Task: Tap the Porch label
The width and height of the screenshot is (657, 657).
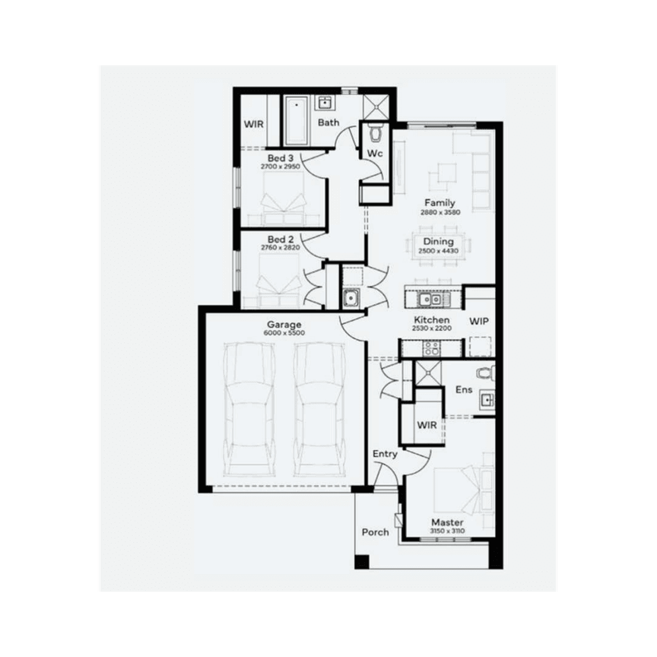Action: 375,532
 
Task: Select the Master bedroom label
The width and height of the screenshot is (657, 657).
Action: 447,522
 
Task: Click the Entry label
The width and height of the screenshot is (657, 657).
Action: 385,454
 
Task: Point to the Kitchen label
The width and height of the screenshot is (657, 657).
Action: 431,320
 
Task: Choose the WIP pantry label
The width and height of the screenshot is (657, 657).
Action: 479,322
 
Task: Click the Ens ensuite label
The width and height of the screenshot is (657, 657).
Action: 464,389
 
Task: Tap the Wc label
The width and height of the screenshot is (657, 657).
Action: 375,154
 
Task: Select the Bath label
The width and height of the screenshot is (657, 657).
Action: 328,122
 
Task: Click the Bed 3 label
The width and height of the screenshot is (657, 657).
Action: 281,157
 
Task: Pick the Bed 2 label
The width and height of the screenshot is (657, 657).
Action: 281,239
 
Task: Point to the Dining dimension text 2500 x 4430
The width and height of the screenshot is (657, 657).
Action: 438,252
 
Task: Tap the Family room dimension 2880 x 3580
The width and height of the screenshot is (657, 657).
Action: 440,212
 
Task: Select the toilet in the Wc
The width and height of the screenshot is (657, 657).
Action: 376,134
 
